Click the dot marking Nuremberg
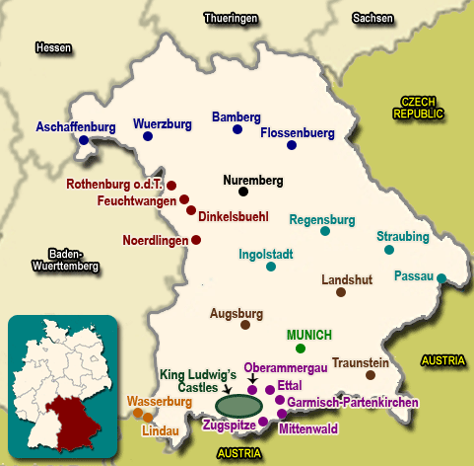[x=242, y=192]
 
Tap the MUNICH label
[x=308, y=335]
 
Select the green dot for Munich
[x=301, y=349]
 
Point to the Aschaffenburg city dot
[x=84, y=140]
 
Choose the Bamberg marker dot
[x=237, y=129]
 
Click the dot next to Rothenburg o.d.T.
[x=171, y=186]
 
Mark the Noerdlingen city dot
[x=196, y=240]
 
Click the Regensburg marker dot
[x=325, y=231]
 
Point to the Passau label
[x=413, y=275]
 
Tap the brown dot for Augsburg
[x=244, y=325]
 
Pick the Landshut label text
[x=347, y=279]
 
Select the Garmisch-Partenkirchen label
[x=356, y=403]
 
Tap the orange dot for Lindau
[x=148, y=418]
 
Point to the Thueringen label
[x=231, y=18]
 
